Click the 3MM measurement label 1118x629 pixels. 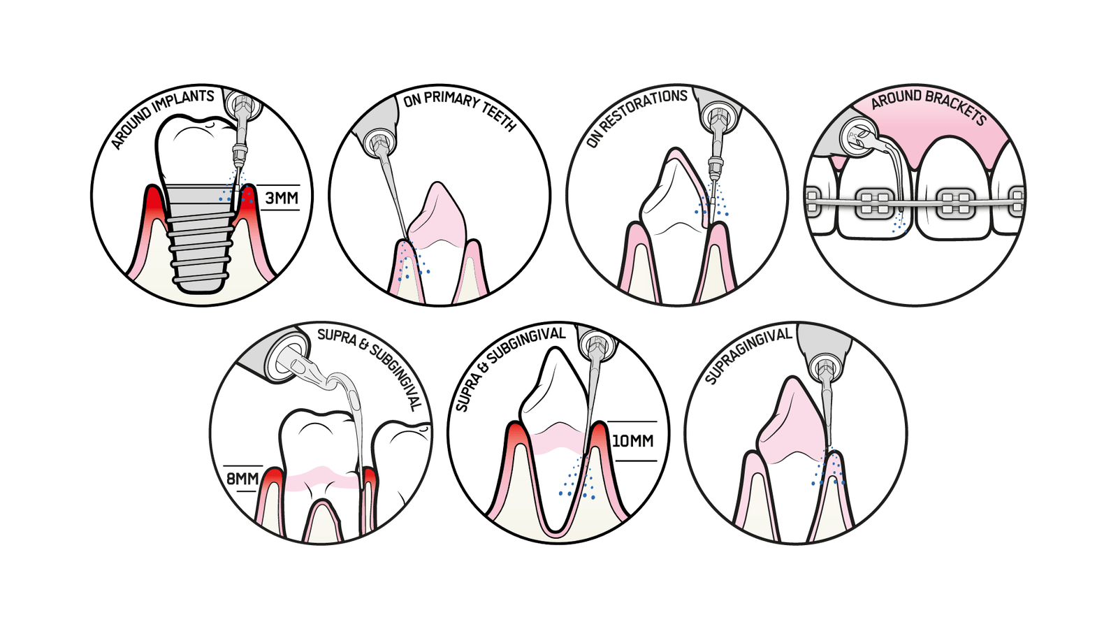pos(281,198)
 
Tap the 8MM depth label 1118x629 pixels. pos(242,479)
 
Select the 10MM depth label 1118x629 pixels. pos(632,441)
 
